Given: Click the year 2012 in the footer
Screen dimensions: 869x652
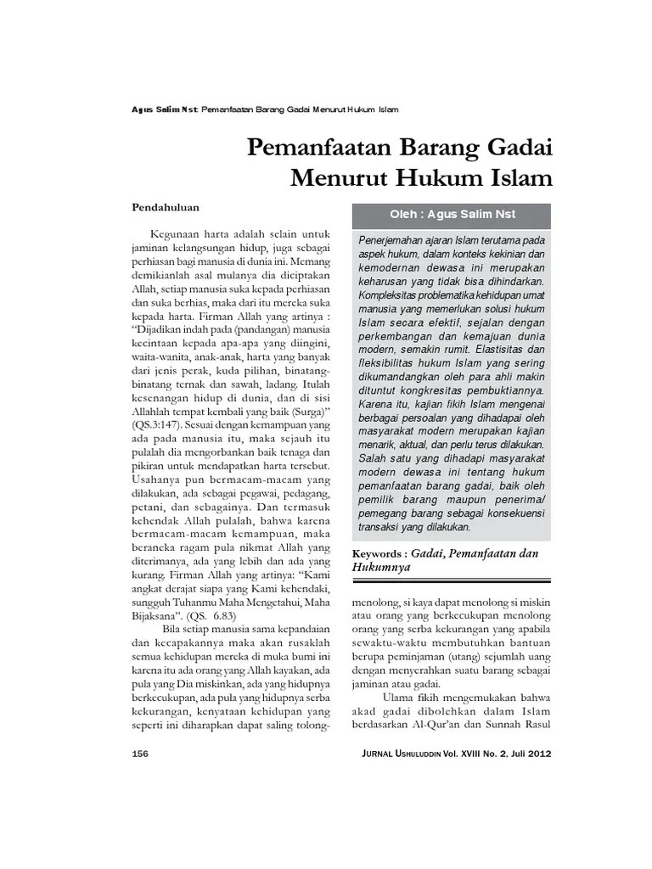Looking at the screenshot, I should click(x=536, y=754).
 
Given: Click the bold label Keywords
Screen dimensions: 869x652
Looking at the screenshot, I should click(x=380, y=553).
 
